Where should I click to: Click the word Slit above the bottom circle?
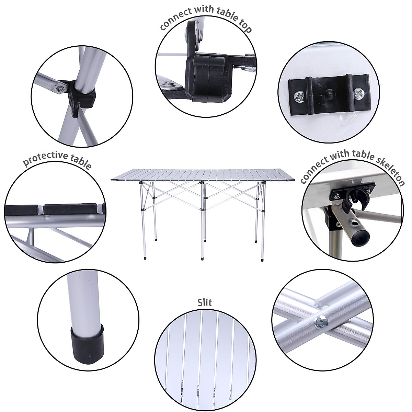205,302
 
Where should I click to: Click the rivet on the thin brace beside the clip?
61,89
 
